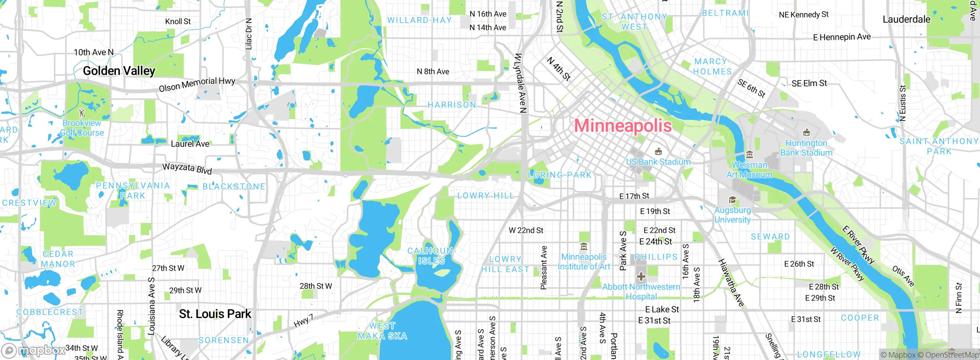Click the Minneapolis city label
click(622, 126)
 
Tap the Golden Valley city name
click(119, 71)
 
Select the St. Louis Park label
click(215, 314)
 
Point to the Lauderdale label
click(906, 19)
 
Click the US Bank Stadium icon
click(658, 152)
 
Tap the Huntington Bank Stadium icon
click(807, 133)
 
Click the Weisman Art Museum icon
click(750, 155)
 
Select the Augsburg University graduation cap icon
click(732, 200)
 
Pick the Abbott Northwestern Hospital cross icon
click(641, 277)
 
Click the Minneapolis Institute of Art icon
click(584, 247)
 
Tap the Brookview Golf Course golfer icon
click(82, 113)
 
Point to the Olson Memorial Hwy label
click(197, 84)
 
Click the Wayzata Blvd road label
click(187, 168)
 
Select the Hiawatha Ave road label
click(731, 283)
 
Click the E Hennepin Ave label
click(841, 37)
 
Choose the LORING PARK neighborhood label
click(560, 175)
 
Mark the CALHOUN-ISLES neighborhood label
click(431, 256)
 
